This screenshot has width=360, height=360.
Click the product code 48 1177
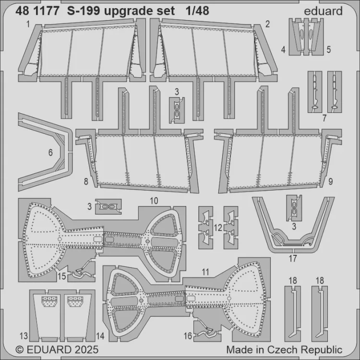coord(38,11)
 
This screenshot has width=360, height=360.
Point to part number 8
coord(85,182)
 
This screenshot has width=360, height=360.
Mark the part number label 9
coord(331,182)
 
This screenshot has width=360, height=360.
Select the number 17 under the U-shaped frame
coord(292,257)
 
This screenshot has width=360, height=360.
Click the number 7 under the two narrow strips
coord(325,117)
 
